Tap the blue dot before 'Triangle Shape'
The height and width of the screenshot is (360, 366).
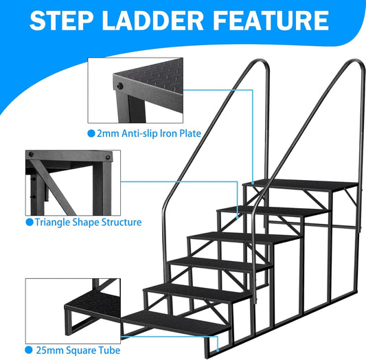coord(29,222)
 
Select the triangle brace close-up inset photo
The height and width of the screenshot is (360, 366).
coord(69,181)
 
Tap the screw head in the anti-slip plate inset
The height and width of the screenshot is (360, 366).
coord(119,86)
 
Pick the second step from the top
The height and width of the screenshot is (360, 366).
coord(271,210)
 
